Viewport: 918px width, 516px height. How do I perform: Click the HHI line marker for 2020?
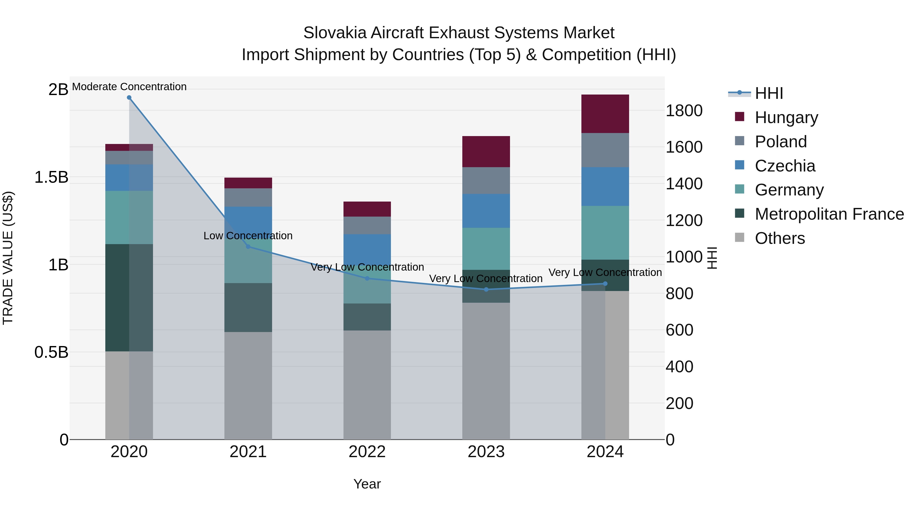click(x=129, y=98)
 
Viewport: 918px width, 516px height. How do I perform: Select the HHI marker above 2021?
click(x=248, y=246)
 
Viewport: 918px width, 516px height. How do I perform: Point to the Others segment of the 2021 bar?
click(x=248, y=386)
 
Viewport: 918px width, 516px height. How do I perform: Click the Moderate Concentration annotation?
click(x=129, y=87)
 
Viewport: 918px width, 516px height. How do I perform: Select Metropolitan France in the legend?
click(x=829, y=214)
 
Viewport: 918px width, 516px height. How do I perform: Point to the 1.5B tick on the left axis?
click(x=51, y=177)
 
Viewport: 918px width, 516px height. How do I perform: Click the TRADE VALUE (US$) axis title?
click(x=8, y=258)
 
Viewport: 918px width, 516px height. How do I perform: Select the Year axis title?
click(x=367, y=484)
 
